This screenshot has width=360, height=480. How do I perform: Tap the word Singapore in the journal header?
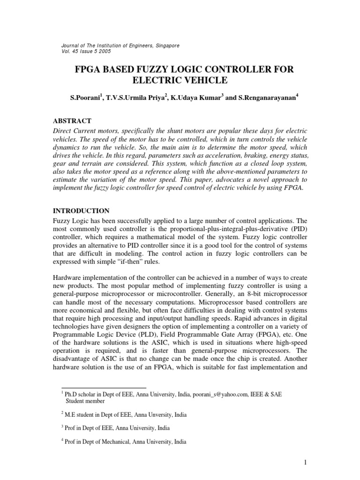point(165,45)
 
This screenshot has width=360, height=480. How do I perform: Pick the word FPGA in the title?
point(90,70)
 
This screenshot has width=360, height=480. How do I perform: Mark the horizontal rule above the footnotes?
point(104,388)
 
